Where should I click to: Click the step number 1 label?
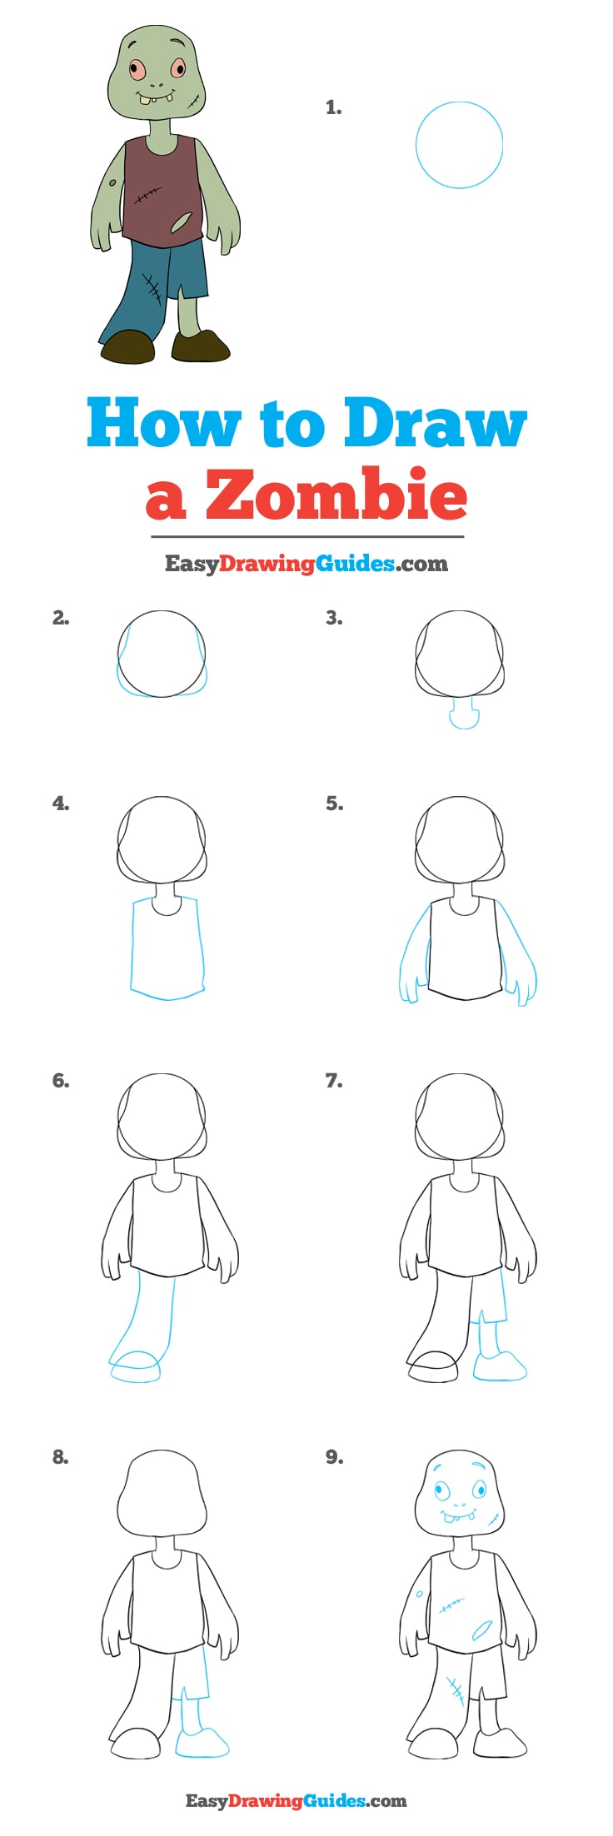click(x=333, y=107)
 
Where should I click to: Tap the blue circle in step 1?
click(x=459, y=145)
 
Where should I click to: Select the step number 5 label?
click(x=334, y=804)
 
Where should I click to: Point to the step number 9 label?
click(x=334, y=1456)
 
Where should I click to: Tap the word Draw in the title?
click(x=435, y=422)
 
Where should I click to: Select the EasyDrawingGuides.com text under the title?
click(x=306, y=564)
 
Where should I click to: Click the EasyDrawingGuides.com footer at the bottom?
click(x=296, y=1800)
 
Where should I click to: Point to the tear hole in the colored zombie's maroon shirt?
click(x=181, y=223)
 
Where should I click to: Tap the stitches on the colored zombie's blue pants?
click(x=152, y=289)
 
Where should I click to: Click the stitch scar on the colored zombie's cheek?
click(x=195, y=103)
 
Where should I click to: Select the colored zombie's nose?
click(x=156, y=84)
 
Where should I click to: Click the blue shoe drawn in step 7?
click(x=499, y=1366)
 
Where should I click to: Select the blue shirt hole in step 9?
click(x=482, y=1630)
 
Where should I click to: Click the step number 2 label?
click(x=61, y=618)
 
